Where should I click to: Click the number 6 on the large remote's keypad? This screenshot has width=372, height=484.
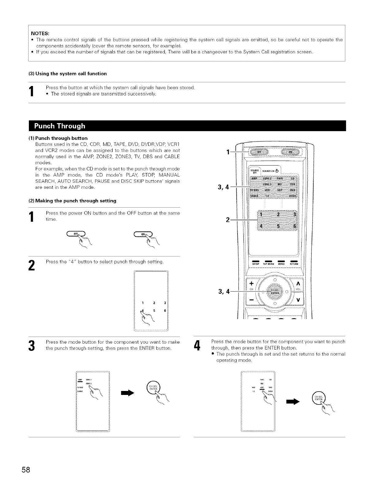[294, 226]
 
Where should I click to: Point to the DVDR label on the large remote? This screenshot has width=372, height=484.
[292, 197]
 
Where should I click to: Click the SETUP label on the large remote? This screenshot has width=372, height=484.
[256, 263]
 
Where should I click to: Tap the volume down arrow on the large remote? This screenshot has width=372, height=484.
[298, 299]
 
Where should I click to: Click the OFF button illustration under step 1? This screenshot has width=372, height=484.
[75, 234]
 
